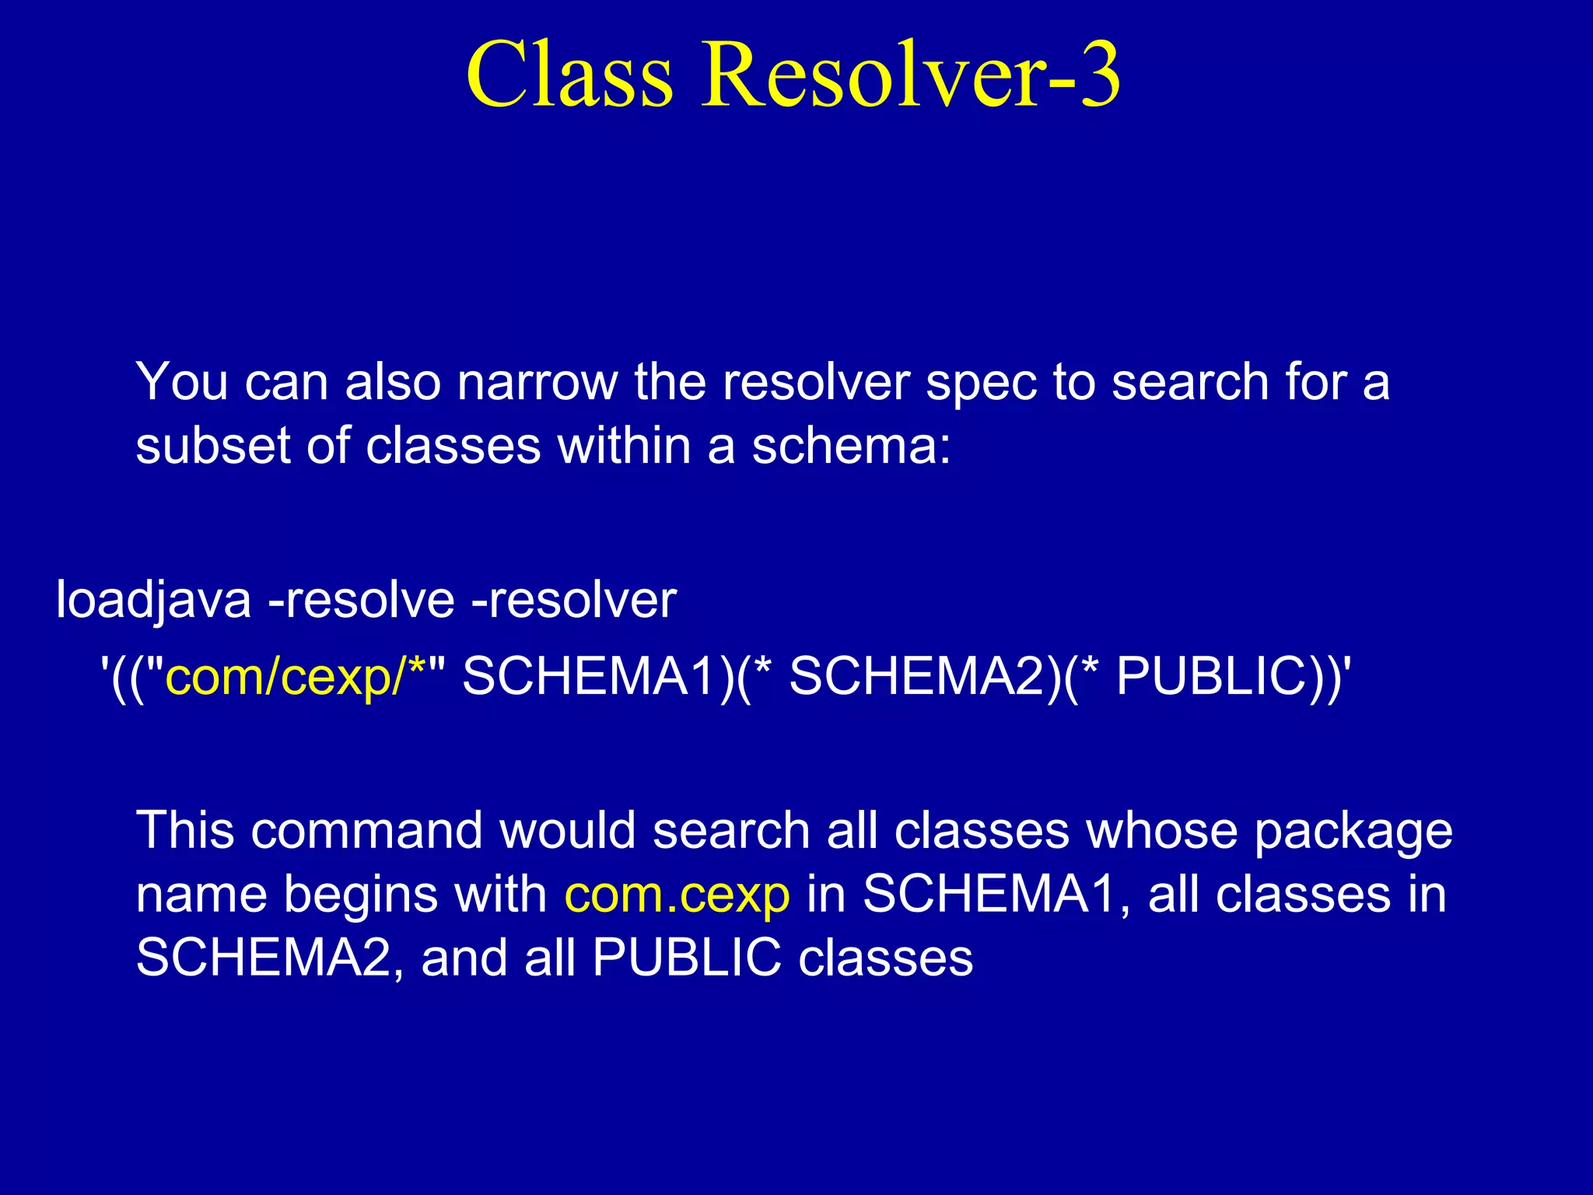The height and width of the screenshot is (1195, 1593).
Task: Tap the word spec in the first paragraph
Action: [x=982, y=384]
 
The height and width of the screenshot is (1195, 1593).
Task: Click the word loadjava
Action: [x=153, y=601]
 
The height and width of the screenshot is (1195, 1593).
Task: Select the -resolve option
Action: [x=361, y=601]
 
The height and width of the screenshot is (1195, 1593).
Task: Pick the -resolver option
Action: [x=574, y=601]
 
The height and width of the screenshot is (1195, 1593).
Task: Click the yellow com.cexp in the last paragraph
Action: [x=677, y=895]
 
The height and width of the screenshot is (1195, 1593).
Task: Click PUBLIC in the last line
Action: [x=686, y=958]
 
